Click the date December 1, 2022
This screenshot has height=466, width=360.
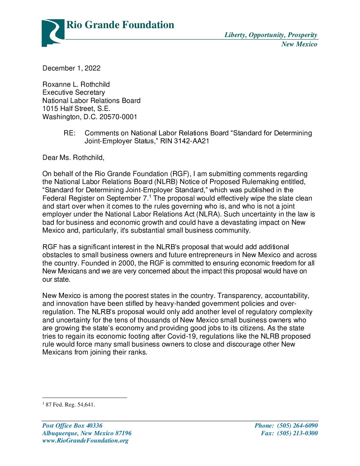pos(71,68)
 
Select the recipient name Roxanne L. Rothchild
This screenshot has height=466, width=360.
pos(76,84)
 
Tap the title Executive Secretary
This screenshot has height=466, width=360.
pos(73,92)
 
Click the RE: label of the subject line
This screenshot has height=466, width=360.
pos(69,133)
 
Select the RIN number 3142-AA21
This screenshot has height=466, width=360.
pos(192,141)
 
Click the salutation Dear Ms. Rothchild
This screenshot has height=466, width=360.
pos(73,158)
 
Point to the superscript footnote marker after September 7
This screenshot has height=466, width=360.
pos(150,196)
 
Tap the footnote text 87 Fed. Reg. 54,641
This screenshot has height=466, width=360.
pos(70,404)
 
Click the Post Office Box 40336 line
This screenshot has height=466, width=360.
pos(72,426)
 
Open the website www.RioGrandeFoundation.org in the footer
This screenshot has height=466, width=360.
pos(85,441)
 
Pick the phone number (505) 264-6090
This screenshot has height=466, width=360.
pos(297,426)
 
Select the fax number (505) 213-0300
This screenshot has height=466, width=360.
pos(297,433)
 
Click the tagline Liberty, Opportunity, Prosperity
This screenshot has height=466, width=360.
pos(271,35)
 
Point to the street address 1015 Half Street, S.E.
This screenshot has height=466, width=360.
pos(76,109)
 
